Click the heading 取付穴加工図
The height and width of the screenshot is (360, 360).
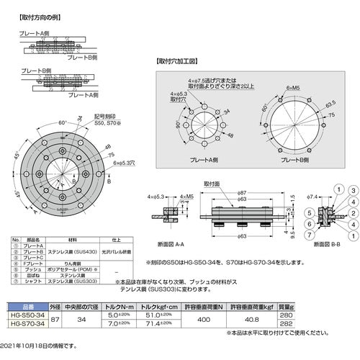click(181, 63)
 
